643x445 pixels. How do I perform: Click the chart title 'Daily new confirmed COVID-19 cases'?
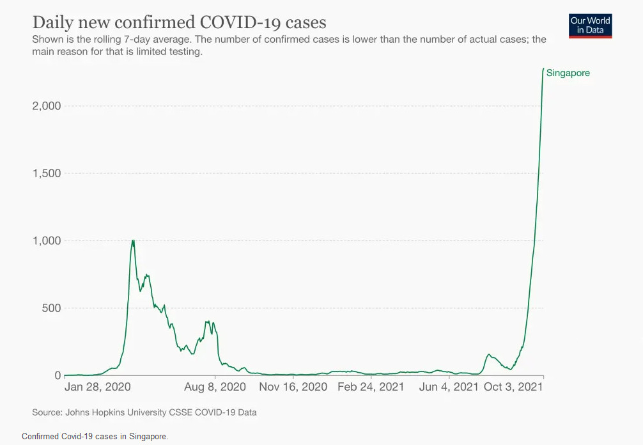pos(179,22)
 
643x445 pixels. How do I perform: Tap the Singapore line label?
pos(568,73)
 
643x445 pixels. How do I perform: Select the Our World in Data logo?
pos(590,26)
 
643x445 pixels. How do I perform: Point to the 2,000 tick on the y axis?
pos(46,105)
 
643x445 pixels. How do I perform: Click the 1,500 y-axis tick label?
pos(46,173)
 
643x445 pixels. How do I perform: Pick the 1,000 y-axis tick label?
pos(46,240)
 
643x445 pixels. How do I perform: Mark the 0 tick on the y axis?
pos(56,375)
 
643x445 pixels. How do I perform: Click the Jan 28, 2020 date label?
pos(98,387)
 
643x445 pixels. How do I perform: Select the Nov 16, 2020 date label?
pos(293,387)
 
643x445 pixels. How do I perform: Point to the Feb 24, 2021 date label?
pos(371,387)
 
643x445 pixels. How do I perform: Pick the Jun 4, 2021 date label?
pos(449,387)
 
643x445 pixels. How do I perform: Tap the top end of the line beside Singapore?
pos(543,68)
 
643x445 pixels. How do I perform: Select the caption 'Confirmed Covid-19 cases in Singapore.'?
pos(95,437)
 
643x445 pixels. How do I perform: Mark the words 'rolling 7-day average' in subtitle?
pos(126,40)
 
